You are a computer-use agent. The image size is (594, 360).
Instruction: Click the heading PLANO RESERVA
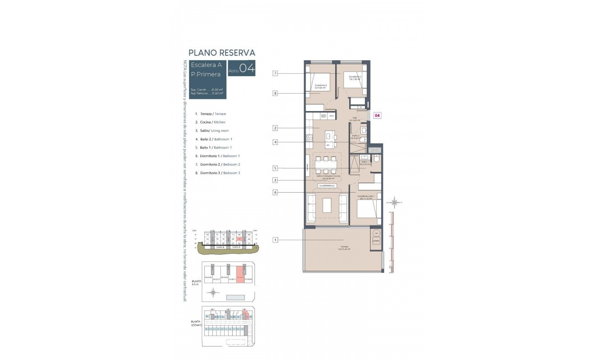click(x=222, y=53)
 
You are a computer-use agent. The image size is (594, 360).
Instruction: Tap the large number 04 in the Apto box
click(x=247, y=68)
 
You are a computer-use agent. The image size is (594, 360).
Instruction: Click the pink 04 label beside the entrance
click(x=378, y=116)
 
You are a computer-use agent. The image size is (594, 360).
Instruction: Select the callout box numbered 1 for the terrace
click(x=275, y=240)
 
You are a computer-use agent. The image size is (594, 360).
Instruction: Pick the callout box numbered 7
click(x=275, y=73)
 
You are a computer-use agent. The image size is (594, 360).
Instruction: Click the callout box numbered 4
click(x=275, y=142)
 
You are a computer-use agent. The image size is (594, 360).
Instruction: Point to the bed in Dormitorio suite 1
click(x=368, y=211)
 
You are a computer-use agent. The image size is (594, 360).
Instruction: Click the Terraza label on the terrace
click(x=344, y=247)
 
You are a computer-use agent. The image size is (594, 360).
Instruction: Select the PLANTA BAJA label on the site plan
click(x=196, y=282)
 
